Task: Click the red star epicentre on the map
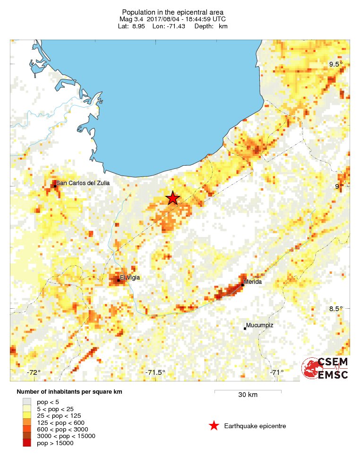(x=173, y=198)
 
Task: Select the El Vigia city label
(x=130, y=278)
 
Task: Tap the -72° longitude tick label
(x=34, y=372)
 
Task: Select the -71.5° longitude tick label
(x=155, y=372)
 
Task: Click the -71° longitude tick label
(x=277, y=372)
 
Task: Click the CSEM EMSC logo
(x=326, y=368)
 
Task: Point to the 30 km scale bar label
(x=248, y=395)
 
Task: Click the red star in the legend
(x=214, y=426)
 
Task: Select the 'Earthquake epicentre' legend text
(x=255, y=426)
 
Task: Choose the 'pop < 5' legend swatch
(x=27, y=402)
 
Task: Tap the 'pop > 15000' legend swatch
(x=27, y=443)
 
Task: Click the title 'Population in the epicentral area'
(x=172, y=12)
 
